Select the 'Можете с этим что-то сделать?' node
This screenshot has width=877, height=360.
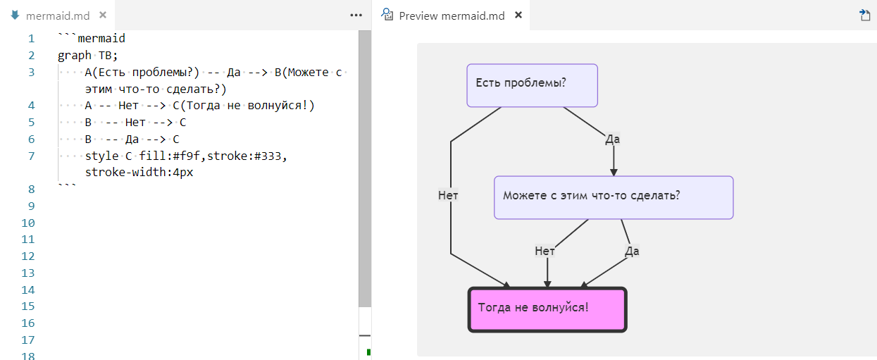click(x=613, y=197)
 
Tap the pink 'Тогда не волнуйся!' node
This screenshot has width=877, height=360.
click(x=547, y=309)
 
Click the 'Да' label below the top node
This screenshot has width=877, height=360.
click(x=612, y=139)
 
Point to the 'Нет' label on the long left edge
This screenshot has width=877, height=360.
click(x=448, y=196)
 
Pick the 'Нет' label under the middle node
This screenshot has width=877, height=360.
click(x=545, y=251)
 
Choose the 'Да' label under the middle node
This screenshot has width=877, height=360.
click(x=632, y=251)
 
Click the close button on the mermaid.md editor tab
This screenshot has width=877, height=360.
click(x=103, y=15)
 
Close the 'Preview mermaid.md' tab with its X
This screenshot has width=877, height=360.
click(x=518, y=15)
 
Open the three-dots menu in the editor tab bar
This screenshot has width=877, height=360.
click(x=356, y=15)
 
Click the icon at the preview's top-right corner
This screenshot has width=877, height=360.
click(x=864, y=15)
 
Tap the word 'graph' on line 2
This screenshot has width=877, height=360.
click(x=75, y=56)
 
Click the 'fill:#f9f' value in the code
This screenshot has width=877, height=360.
click(x=170, y=156)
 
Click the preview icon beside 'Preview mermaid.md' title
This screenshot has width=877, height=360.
click(x=387, y=15)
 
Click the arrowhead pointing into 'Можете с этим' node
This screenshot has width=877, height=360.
click(x=614, y=170)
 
